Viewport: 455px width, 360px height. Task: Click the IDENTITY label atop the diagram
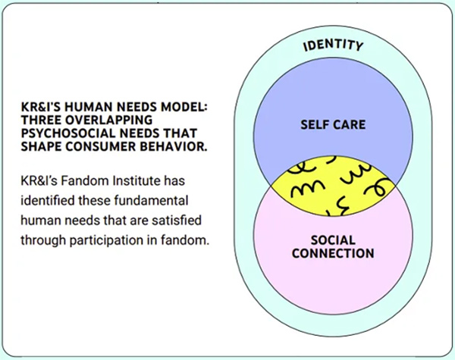pos(333,45)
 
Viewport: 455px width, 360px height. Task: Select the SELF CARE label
pos(333,125)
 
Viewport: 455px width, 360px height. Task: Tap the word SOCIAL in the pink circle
pos(333,240)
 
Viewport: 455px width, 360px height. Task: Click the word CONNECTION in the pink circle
pos(333,253)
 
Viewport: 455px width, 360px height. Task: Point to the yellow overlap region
pos(333,186)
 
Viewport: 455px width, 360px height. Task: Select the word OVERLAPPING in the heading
pos(111,120)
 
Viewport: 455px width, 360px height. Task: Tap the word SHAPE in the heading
pos(41,146)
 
